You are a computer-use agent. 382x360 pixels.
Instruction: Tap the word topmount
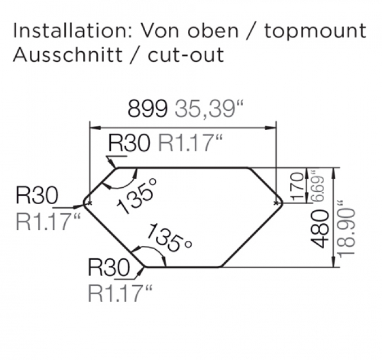[x=314, y=31]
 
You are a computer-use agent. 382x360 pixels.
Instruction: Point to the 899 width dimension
[x=148, y=109]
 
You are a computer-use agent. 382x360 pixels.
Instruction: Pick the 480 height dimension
[x=320, y=228]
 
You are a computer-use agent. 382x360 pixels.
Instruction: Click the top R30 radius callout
[x=129, y=143]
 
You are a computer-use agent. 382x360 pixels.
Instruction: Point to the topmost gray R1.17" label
[x=188, y=143]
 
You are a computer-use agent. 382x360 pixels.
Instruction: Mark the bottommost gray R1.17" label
[x=120, y=293]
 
